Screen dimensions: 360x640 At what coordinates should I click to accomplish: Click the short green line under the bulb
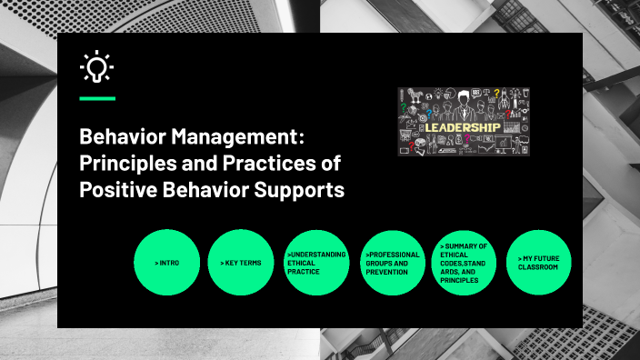[97, 97]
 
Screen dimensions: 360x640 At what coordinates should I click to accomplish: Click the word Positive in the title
[113, 191]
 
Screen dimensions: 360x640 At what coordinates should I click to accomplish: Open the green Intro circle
[167, 263]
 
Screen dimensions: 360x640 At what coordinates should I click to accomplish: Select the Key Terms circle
[241, 263]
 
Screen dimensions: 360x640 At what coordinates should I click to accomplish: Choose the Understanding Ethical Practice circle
[316, 263]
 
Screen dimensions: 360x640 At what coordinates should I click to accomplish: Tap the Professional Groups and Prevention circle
[391, 263]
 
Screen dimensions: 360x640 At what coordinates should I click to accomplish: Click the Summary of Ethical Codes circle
[465, 263]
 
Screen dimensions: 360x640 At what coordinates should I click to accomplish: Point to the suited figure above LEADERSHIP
[465, 103]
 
